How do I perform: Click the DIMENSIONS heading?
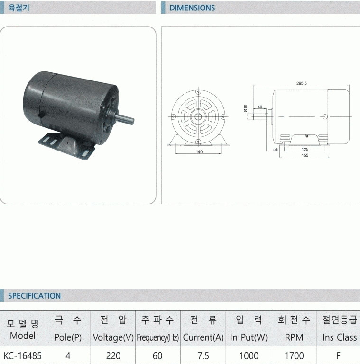point(192,8)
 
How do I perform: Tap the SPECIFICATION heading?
point(35,296)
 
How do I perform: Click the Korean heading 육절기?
point(19,8)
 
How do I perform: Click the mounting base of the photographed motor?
point(66,146)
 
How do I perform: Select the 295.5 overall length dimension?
point(301,83)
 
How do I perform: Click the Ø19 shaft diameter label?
point(246,108)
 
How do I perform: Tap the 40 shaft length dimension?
point(260,107)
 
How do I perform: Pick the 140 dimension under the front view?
point(199,152)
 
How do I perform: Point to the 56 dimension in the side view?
point(276,149)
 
